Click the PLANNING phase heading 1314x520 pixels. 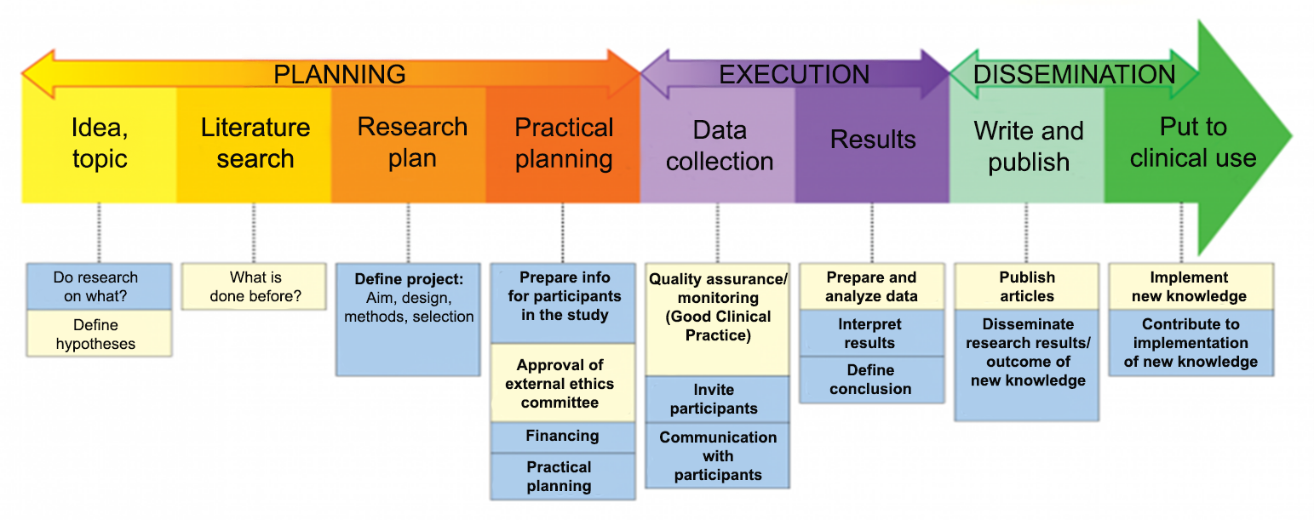pyautogui.click(x=339, y=74)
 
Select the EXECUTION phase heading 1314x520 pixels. pyautogui.click(x=794, y=74)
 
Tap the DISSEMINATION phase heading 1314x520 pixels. pyautogui.click(x=1074, y=74)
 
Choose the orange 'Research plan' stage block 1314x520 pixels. pyautogui.click(x=412, y=143)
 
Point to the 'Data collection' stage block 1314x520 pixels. pyautogui.click(x=720, y=146)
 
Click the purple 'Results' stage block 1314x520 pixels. pyautogui.click(x=873, y=140)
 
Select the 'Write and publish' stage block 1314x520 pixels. pyautogui.click(x=1028, y=146)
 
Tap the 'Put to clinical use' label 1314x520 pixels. pyautogui.click(x=1192, y=143)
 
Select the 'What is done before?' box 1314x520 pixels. pyautogui.click(x=255, y=287)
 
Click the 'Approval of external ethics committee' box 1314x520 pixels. pyautogui.click(x=562, y=383)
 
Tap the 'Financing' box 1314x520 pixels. pyautogui.click(x=562, y=437)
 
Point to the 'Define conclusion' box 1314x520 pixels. pyautogui.click(x=870, y=380)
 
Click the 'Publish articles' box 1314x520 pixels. pyautogui.click(x=1026, y=287)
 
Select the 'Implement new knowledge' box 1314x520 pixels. pyautogui.click(x=1189, y=287)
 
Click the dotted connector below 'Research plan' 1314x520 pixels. pyautogui.click(x=408, y=232)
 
